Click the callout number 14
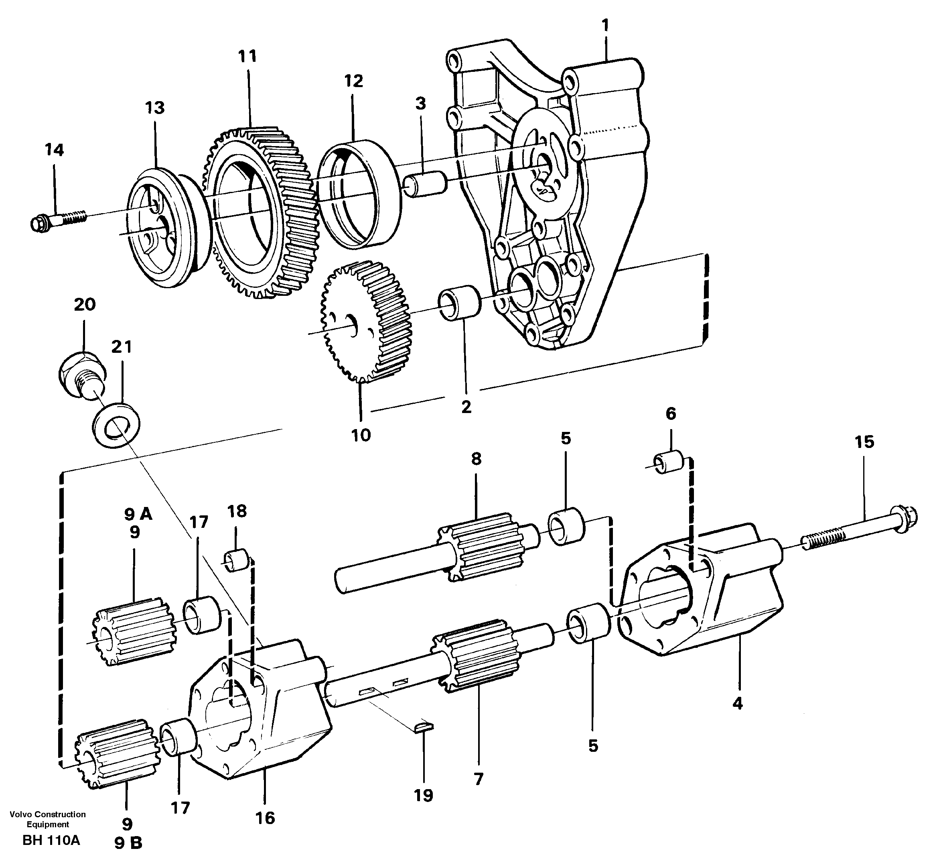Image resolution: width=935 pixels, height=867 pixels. [54, 150]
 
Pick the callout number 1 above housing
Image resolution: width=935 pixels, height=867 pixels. [605, 25]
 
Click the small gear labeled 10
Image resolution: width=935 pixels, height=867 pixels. [366, 322]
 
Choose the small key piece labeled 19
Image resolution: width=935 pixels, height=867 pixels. [424, 726]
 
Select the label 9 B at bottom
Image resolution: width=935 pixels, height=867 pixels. [128, 856]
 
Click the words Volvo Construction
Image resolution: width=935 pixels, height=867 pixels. [47, 814]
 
